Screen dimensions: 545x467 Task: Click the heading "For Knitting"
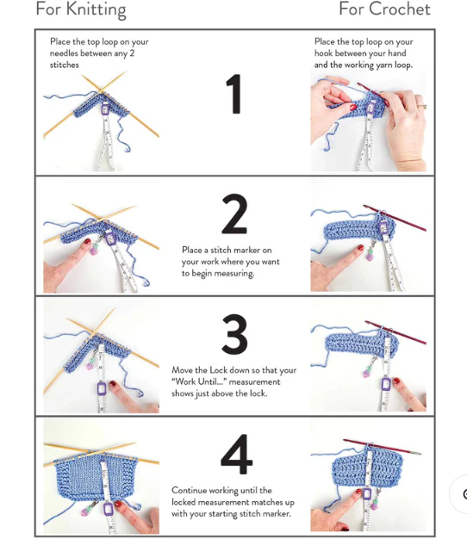80,10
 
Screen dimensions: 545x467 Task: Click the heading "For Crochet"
383,10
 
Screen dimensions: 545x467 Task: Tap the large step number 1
233,94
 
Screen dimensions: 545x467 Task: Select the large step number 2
234,214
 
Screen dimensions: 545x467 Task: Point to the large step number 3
234,335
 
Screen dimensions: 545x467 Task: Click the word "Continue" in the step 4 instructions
191,490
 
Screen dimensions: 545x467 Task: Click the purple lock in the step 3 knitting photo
102,389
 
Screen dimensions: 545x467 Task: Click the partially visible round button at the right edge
462,494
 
